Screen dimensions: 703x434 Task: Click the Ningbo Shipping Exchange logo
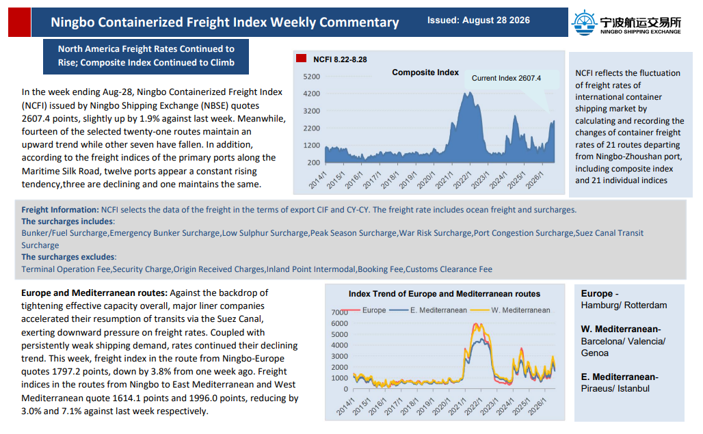click(626, 22)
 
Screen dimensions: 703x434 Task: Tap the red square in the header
click(19, 22)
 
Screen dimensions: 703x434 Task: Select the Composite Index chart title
click(425, 72)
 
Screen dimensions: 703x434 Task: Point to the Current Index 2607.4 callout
click(506, 78)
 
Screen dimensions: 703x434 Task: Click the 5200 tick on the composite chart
click(312, 77)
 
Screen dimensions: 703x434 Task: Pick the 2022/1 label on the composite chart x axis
click(462, 180)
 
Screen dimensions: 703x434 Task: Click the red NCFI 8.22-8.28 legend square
click(302, 58)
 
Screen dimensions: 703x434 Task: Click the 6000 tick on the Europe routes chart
click(339, 323)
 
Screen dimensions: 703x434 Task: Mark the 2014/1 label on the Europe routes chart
click(345, 406)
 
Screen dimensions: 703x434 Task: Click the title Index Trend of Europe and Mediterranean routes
click(445, 294)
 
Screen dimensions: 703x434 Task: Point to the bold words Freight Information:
click(60, 210)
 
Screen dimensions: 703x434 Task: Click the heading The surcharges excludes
click(68, 257)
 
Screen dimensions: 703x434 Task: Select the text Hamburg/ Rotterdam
click(624, 305)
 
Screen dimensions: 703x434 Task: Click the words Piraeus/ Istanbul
click(615, 388)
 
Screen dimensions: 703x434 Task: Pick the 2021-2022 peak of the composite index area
click(469, 93)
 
